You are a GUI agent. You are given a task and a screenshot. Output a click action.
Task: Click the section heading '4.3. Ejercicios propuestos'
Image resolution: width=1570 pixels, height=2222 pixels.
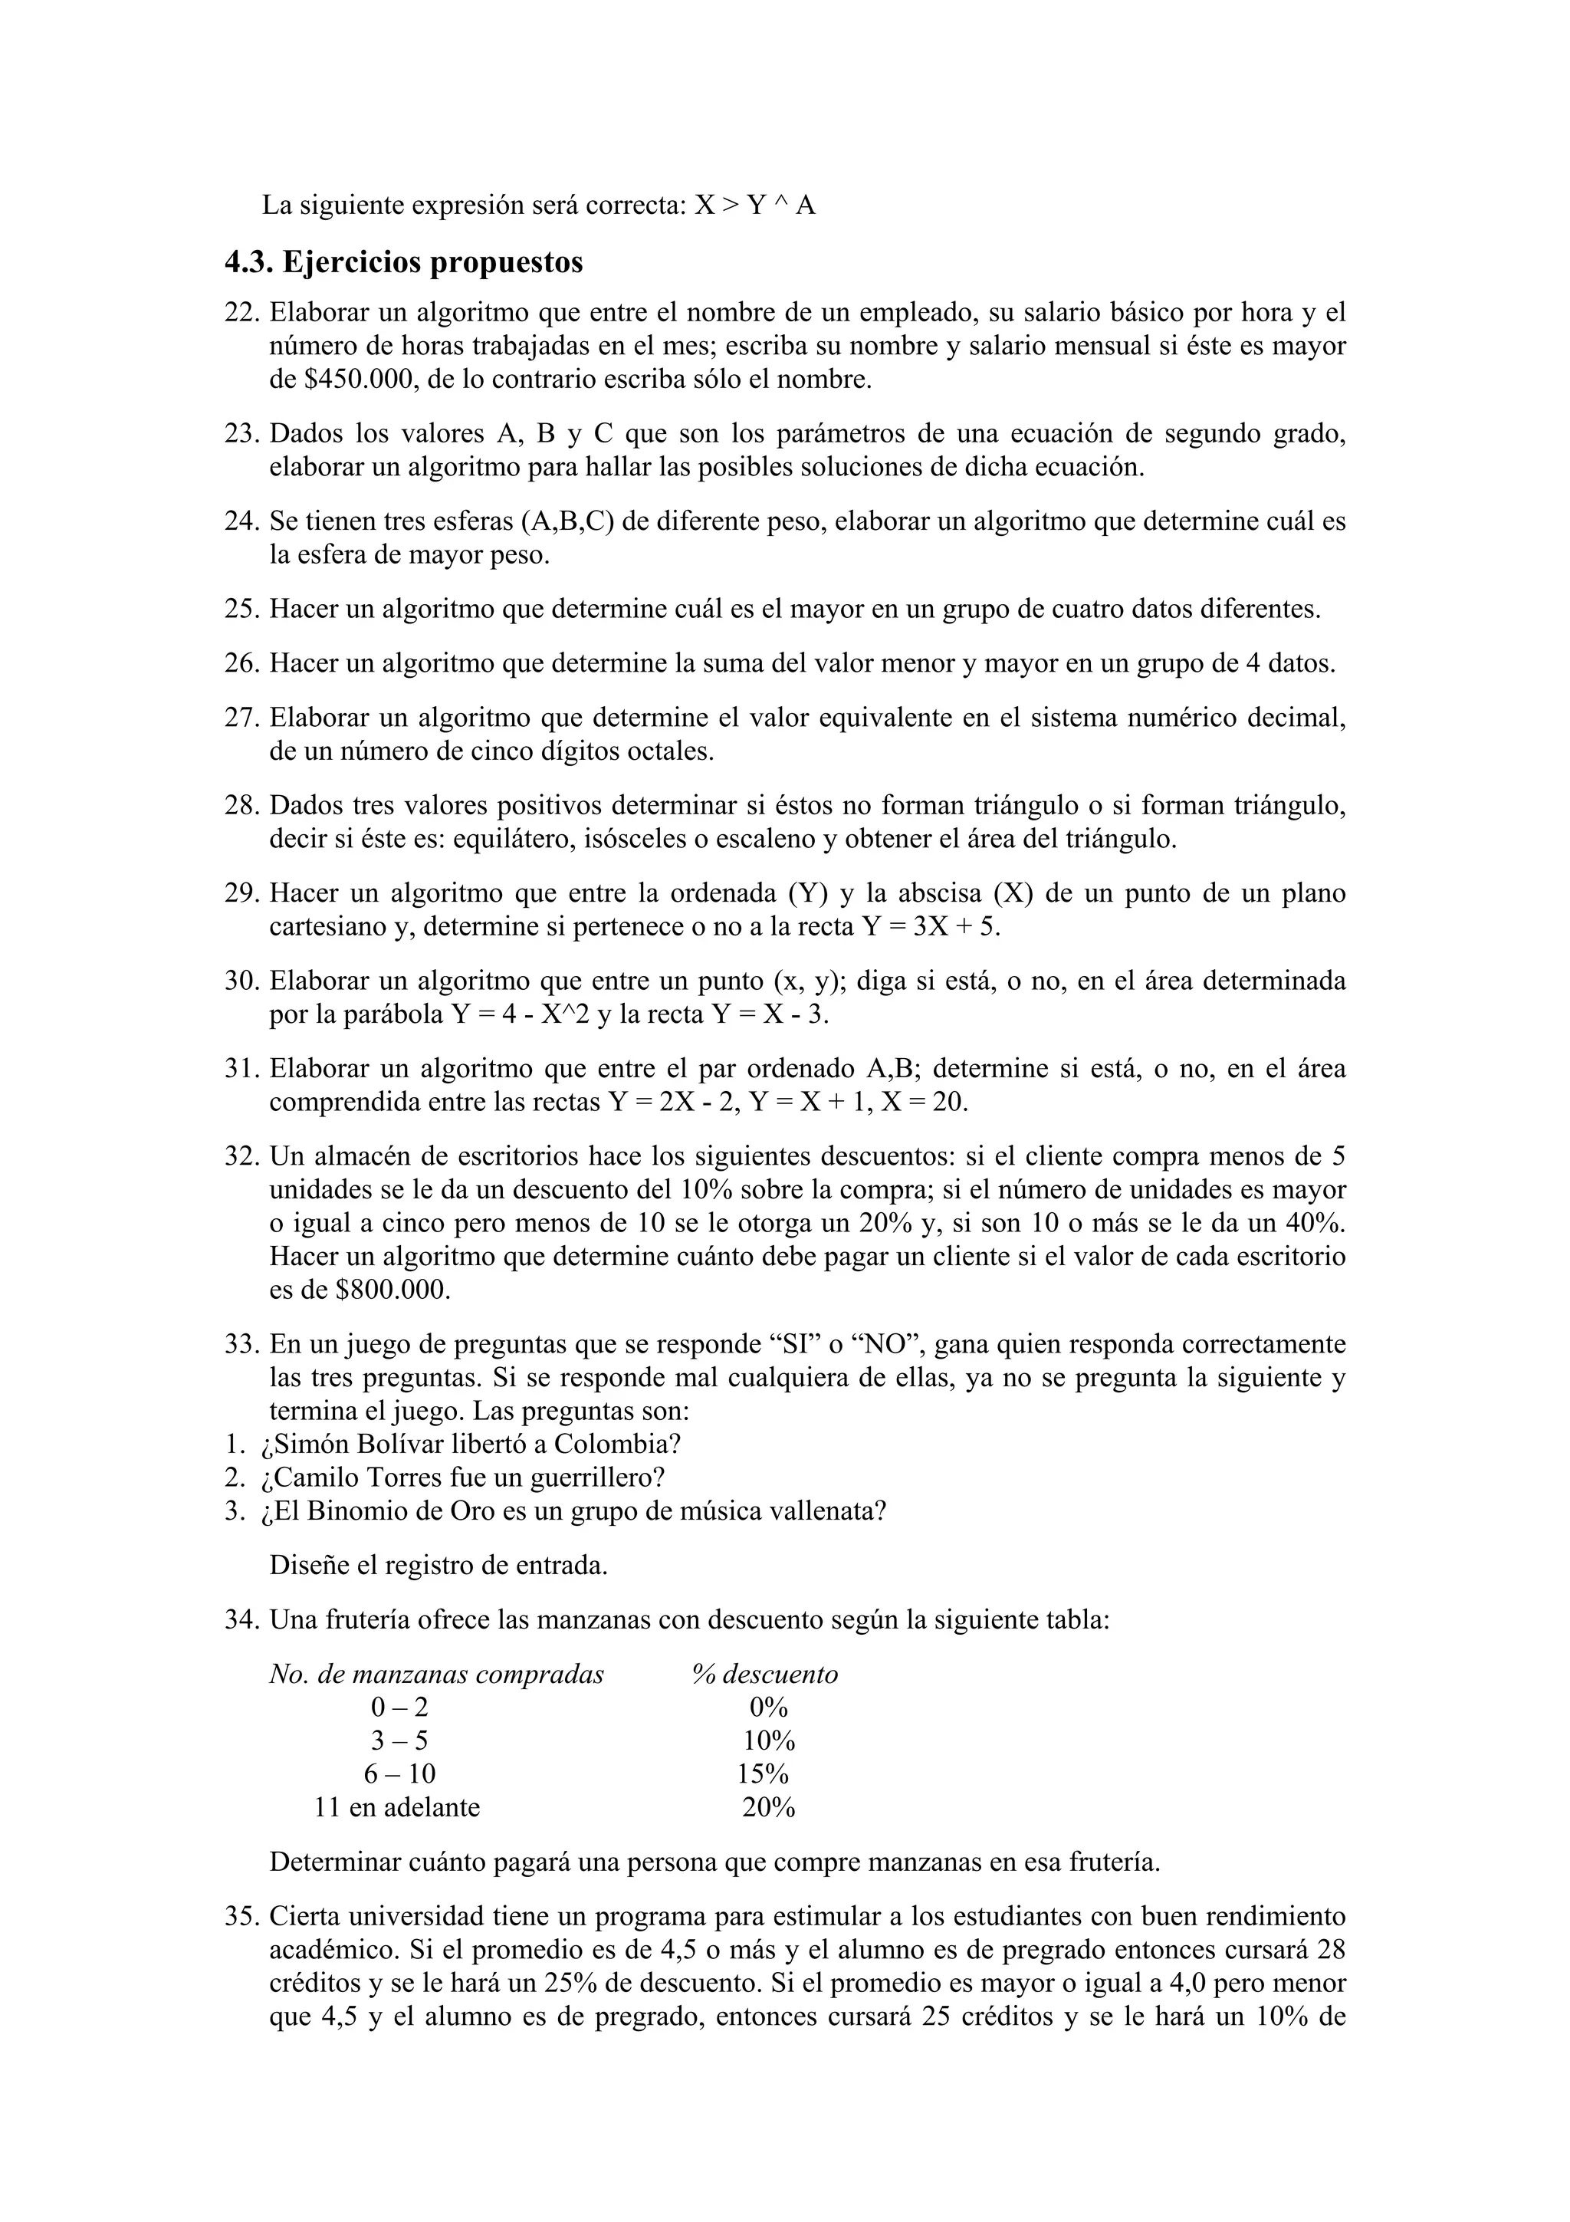pyautogui.click(x=403, y=262)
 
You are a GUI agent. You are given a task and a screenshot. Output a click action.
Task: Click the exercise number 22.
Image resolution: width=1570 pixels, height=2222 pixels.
pyautogui.click(x=241, y=313)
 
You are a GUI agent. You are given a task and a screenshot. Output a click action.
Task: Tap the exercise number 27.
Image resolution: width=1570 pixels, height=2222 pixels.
pyautogui.click(x=241, y=718)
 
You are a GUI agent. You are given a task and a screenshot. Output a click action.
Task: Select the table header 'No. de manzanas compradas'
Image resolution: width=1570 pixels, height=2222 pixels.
pyautogui.click(x=436, y=1675)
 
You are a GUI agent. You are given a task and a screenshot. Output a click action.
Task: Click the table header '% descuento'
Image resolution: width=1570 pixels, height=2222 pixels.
pyautogui.click(x=765, y=1675)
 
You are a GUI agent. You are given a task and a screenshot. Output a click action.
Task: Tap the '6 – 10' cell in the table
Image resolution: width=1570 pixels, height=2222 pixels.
pyautogui.click(x=399, y=1774)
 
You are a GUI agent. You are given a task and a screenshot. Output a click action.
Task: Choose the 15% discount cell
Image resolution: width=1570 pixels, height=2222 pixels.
pyautogui.click(x=764, y=1774)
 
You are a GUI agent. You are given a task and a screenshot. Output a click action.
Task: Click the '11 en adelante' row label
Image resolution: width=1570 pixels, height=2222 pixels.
pyautogui.click(x=396, y=1807)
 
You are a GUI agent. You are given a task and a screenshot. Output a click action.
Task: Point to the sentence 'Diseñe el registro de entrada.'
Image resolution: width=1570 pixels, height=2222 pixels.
pyautogui.click(x=438, y=1565)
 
